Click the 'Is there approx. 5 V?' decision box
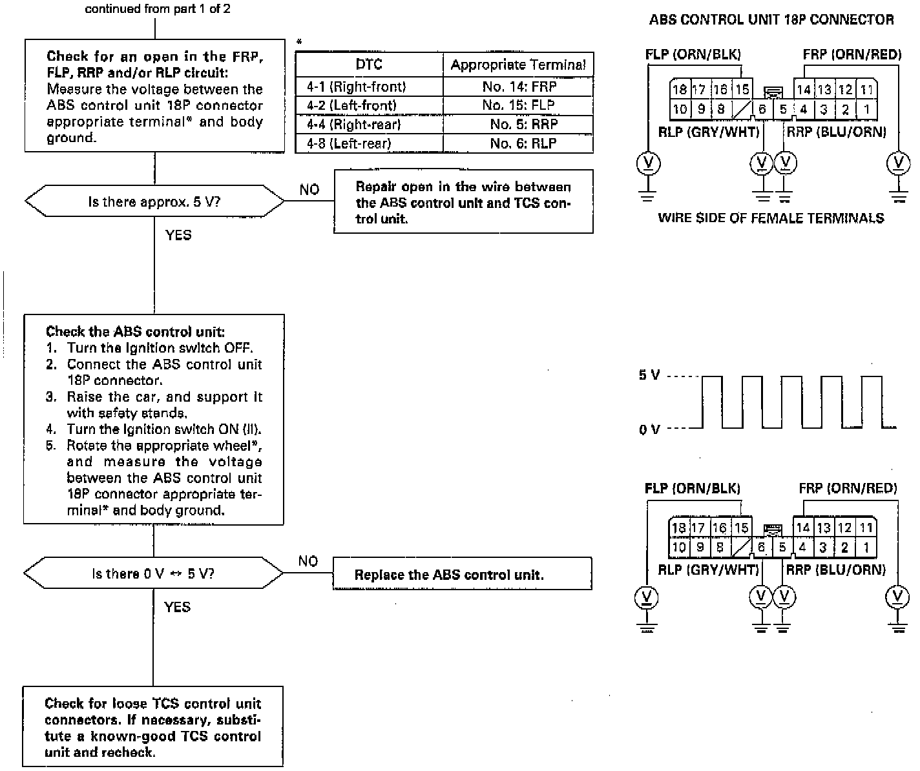pyautogui.click(x=154, y=201)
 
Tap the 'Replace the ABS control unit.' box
pyautogui.click(x=462, y=574)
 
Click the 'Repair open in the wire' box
pyautogui.click(x=463, y=201)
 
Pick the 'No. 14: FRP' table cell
pyautogui.click(x=519, y=87)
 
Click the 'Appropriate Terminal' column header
pyautogui.click(x=518, y=65)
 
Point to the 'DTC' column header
pyautogui.click(x=369, y=65)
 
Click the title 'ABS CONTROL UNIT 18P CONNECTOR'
pyautogui.click(x=771, y=19)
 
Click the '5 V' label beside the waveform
pyautogui.click(x=649, y=375)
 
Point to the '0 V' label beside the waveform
pyautogui.click(x=649, y=429)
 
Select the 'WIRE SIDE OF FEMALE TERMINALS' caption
pyautogui.click(x=771, y=218)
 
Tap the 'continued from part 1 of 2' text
pyautogui.click(x=158, y=9)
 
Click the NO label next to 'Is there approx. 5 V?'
pyautogui.click(x=309, y=189)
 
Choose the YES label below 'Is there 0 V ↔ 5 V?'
pyautogui.click(x=178, y=606)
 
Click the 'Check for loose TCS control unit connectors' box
pyautogui.click(x=153, y=727)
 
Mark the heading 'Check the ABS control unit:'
pyautogui.click(x=135, y=332)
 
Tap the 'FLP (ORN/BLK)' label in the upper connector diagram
pyautogui.click(x=693, y=54)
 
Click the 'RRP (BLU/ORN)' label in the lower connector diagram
pyautogui.click(x=835, y=570)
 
